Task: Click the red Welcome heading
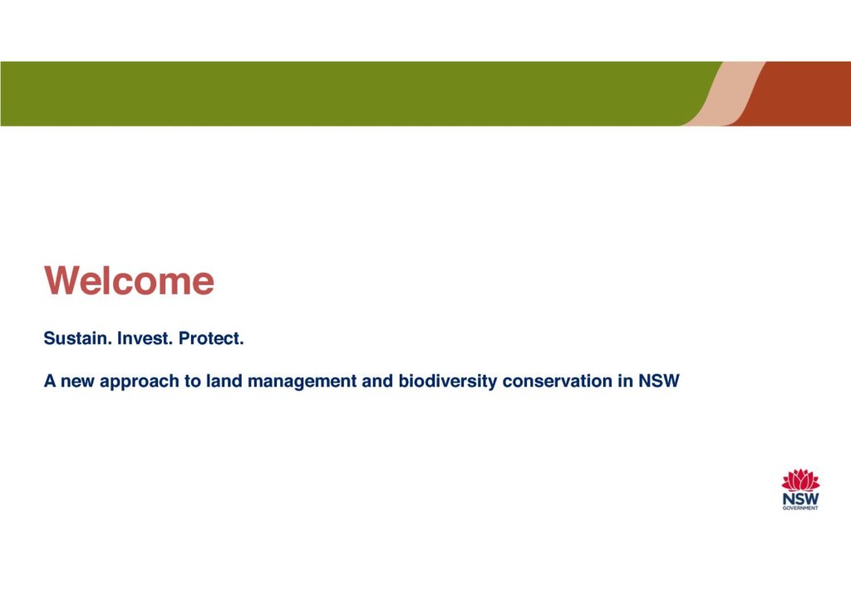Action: pyautogui.click(x=129, y=281)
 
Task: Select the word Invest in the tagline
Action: pyautogui.click(x=145, y=338)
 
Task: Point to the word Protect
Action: pyautogui.click(x=211, y=338)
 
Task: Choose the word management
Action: pyautogui.click(x=302, y=382)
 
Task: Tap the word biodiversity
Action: pyautogui.click(x=448, y=382)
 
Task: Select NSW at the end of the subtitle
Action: pyautogui.click(x=658, y=381)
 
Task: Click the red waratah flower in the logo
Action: pyautogui.click(x=800, y=480)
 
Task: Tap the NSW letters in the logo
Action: pyautogui.click(x=800, y=499)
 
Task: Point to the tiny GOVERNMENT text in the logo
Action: pyautogui.click(x=800, y=508)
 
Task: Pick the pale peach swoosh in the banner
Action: pyautogui.click(x=725, y=93)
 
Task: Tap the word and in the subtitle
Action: pyautogui.click(x=377, y=381)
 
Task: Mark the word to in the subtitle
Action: pyautogui.click(x=193, y=381)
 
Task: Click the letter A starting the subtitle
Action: pyautogui.click(x=50, y=381)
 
